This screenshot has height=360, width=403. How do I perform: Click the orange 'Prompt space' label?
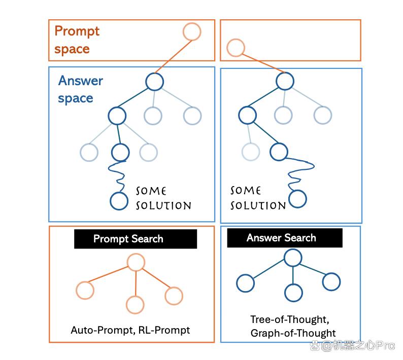click(x=77, y=40)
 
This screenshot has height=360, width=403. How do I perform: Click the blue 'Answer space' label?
click(x=80, y=89)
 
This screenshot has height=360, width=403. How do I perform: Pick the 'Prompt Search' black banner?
click(x=136, y=239)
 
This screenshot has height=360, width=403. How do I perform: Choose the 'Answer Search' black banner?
click(x=285, y=238)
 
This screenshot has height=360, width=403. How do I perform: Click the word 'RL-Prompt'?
click(x=164, y=330)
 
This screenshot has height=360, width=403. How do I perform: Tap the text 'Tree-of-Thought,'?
click(x=290, y=319)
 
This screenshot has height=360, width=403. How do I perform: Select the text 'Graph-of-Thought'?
click(x=293, y=333)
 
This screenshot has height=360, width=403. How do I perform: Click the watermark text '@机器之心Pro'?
click(x=358, y=346)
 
